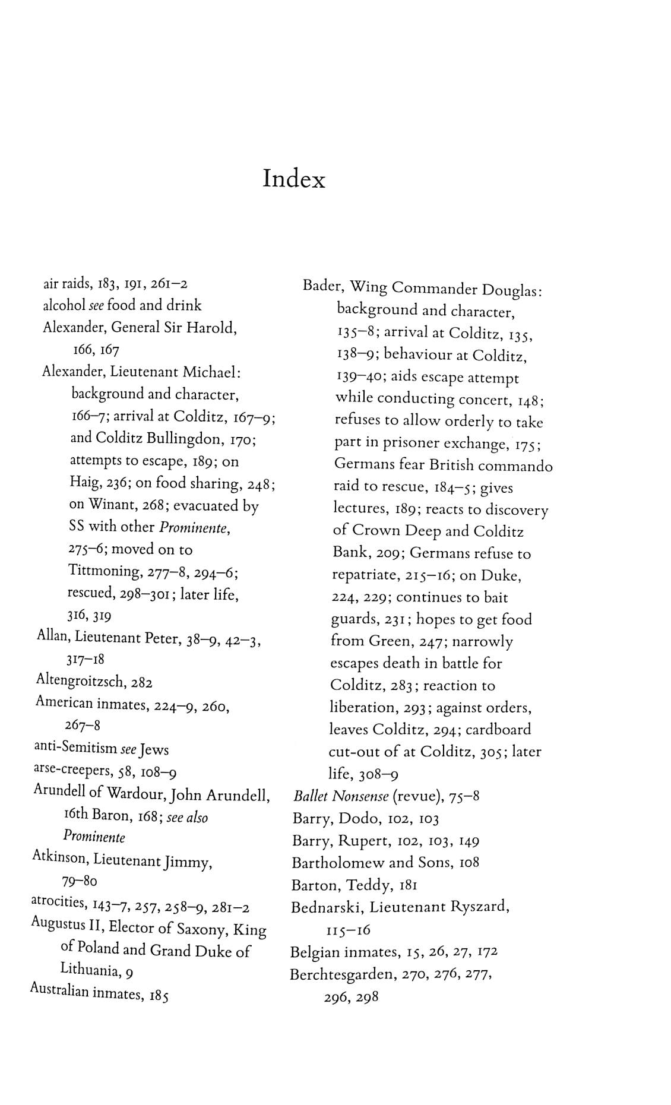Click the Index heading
294,178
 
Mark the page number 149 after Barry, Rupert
469,841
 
